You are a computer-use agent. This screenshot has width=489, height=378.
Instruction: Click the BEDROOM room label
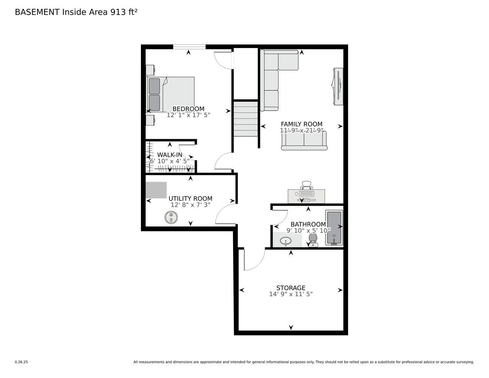(188, 109)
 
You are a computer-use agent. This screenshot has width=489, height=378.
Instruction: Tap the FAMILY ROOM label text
(302, 124)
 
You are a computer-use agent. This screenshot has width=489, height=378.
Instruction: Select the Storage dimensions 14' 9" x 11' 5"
(291, 294)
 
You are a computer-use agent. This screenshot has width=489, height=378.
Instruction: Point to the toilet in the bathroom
(313, 240)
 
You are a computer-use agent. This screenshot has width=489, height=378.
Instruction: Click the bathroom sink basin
(286, 241)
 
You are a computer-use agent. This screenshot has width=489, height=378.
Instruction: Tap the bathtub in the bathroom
(334, 228)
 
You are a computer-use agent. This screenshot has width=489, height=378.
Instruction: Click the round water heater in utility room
(171, 217)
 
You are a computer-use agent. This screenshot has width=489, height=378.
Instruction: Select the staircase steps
(246, 119)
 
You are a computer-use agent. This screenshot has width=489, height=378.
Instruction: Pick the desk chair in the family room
(306, 185)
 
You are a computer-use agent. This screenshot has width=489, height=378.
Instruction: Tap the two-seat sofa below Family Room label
(304, 141)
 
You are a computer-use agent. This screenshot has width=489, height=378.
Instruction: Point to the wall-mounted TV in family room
(338, 87)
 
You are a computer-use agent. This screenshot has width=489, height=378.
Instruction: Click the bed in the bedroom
(170, 94)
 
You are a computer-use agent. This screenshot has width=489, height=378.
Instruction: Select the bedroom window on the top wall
(189, 47)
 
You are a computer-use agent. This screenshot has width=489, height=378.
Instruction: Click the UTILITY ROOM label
(190, 199)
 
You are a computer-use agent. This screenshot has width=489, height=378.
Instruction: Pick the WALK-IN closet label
(170, 155)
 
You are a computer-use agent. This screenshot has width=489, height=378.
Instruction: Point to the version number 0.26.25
(22, 362)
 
